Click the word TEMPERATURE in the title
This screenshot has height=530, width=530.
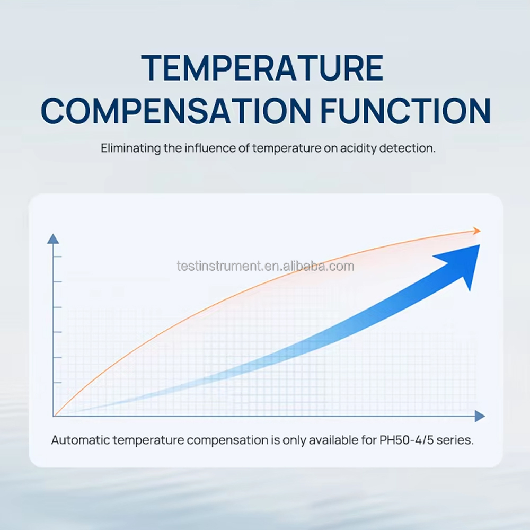262,68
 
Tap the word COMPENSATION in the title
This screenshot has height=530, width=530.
176,111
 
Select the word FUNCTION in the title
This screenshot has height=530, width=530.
405,111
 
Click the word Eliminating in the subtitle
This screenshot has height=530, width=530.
130,148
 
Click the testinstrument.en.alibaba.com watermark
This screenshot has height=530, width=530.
266,267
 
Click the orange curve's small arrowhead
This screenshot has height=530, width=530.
477,231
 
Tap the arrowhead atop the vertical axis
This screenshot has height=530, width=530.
53,238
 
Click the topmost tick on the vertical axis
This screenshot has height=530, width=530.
57,257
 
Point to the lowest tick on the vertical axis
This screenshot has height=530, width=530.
57,383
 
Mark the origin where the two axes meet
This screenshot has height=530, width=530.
54,416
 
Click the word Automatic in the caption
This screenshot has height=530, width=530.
81,440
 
